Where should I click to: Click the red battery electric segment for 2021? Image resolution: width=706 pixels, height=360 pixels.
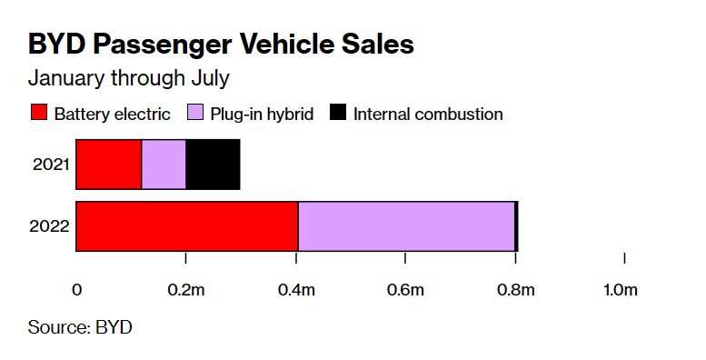[x=109, y=165]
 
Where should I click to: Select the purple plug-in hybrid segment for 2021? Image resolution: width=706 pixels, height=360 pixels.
[x=164, y=165]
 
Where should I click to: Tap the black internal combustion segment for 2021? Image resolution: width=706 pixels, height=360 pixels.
[x=213, y=165]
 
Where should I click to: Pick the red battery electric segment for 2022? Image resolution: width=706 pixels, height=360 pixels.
[x=186, y=225]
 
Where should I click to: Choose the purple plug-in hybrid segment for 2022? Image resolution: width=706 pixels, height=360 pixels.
[x=406, y=225]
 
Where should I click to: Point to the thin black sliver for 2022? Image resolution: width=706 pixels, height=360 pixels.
[x=516, y=225]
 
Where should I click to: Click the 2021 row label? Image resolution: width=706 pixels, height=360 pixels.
[x=51, y=165]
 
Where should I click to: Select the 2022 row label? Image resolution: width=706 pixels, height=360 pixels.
[x=51, y=226]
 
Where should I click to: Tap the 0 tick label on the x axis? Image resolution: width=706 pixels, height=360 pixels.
[x=77, y=290]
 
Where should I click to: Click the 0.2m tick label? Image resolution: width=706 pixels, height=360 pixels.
[x=185, y=290]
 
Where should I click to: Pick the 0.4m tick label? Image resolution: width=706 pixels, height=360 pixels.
[x=296, y=290]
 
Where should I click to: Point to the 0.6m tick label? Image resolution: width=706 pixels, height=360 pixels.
[x=405, y=290]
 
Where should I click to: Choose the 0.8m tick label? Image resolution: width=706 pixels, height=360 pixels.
[x=515, y=290]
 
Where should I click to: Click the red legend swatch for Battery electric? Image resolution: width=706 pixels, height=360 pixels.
[x=38, y=114]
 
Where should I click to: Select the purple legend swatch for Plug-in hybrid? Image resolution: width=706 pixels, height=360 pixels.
[x=194, y=114]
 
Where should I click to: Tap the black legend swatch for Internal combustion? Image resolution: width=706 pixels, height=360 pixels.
[x=337, y=114]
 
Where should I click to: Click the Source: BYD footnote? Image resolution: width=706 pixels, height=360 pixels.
[x=80, y=326]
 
